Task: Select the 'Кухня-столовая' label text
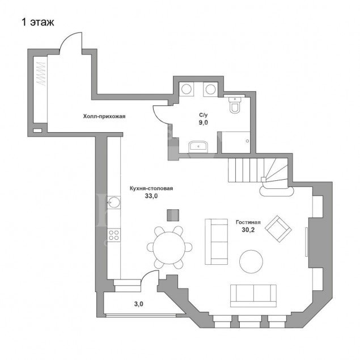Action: (151, 188)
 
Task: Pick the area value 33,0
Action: (151, 196)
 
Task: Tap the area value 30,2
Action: (247, 231)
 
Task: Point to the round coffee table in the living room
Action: (251, 262)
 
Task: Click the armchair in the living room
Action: (278, 227)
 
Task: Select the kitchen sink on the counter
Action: (113, 201)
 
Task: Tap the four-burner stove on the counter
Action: (113, 235)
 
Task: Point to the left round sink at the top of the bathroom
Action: (187, 88)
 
